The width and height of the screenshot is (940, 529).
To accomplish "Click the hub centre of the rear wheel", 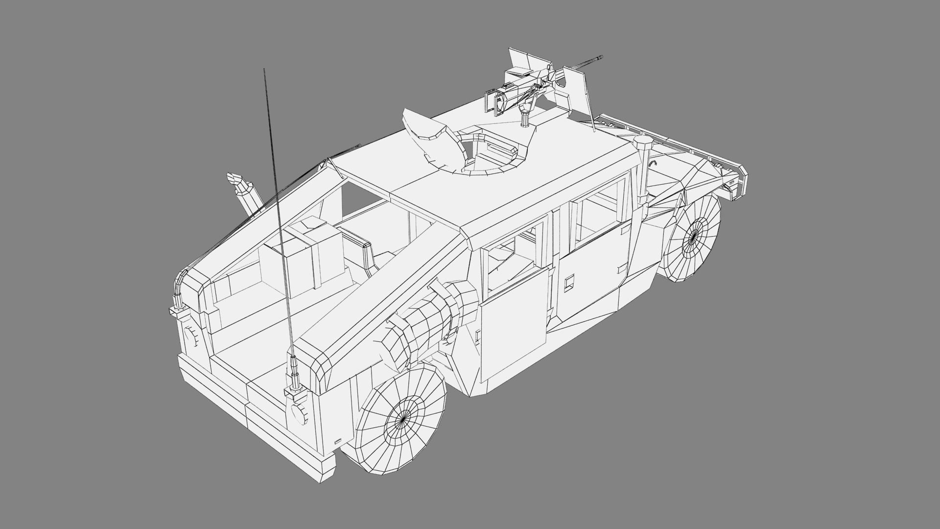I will [x=402, y=419].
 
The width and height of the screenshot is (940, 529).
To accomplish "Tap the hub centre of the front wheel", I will [x=693, y=239].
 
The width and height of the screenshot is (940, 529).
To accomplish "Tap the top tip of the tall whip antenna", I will [x=264, y=69].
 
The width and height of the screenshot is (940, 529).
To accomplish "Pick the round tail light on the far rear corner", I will [x=189, y=337].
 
